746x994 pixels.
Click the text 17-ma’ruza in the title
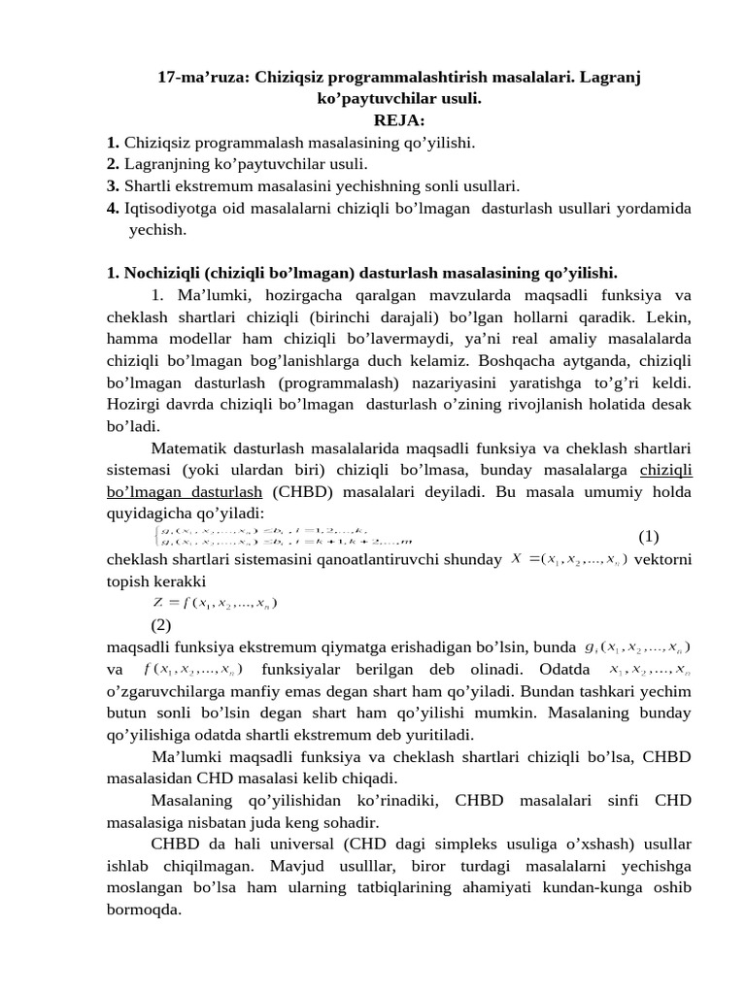coord(203,77)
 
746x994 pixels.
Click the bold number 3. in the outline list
coord(113,185)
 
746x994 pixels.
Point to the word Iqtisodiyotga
coord(170,208)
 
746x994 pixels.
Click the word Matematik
coord(192,448)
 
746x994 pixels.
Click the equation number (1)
coord(649,537)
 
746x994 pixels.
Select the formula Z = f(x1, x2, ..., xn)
coord(215,604)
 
